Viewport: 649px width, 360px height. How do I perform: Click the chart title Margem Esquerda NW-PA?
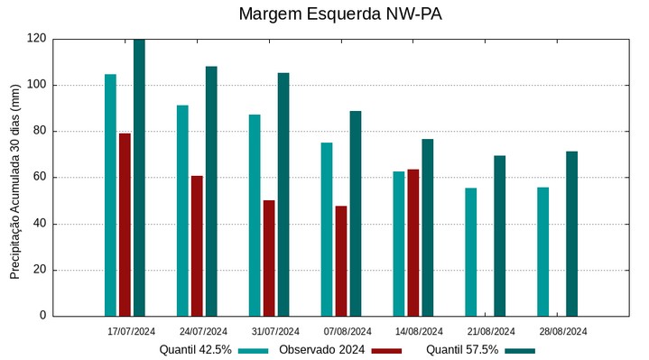coord(340,14)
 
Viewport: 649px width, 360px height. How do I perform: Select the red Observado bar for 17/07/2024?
coord(125,225)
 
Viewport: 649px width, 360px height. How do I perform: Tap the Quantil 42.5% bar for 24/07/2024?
coord(182,210)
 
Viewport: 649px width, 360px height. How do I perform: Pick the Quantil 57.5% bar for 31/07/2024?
coord(283,194)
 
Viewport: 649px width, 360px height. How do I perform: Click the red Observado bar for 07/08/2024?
coord(341,261)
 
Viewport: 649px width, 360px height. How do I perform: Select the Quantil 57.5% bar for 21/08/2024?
coord(499,235)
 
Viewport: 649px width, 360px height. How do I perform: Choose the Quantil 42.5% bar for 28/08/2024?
coord(542,252)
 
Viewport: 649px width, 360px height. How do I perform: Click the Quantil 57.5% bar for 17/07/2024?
coord(139,178)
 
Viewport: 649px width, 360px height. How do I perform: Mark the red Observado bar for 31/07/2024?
coord(269,258)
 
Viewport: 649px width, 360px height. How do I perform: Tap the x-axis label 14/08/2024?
coord(419,331)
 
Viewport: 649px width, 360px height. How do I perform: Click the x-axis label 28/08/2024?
coord(563,331)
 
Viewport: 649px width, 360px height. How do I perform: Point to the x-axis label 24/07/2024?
coord(203,331)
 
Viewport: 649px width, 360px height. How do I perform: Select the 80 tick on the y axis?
coord(40,132)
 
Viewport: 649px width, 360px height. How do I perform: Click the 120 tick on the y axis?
coord(37,39)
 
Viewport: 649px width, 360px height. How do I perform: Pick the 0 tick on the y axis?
coord(43,316)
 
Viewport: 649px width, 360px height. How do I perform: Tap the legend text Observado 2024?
coord(321,350)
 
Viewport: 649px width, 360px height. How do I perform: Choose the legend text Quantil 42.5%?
coord(196,350)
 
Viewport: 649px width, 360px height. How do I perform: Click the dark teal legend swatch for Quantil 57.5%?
coord(520,350)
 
